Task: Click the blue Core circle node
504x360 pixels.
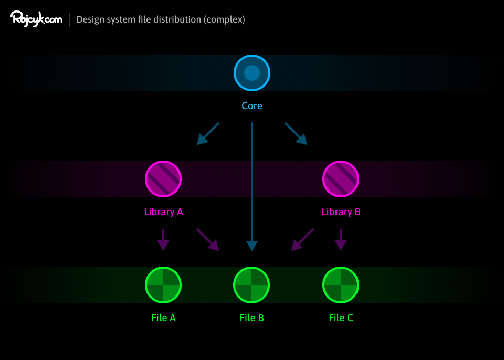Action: [x=252, y=73]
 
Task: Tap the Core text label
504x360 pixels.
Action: [x=252, y=106]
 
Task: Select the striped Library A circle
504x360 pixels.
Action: [x=163, y=179]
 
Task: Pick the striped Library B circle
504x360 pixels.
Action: [x=341, y=179]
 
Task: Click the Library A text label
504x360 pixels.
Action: [x=163, y=212]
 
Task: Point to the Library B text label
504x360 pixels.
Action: [x=341, y=212]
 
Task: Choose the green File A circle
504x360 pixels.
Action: [x=163, y=285]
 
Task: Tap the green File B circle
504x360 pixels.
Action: [x=251, y=285]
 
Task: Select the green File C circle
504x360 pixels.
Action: [x=341, y=285]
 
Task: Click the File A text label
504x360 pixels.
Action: [x=163, y=318]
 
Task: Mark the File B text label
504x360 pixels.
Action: [x=251, y=318]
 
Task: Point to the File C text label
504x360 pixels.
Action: [x=341, y=318]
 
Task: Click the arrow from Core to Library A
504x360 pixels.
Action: [x=208, y=134]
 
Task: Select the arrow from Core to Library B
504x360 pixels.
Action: [x=296, y=134]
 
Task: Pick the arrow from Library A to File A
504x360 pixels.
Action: [x=163, y=239]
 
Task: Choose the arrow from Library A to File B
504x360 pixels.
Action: [x=208, y=239]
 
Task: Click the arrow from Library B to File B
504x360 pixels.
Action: [x=302, y=239]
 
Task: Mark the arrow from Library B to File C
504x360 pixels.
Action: [x=341, y=239]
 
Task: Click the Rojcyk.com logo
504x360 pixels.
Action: [x=36, y=19]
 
